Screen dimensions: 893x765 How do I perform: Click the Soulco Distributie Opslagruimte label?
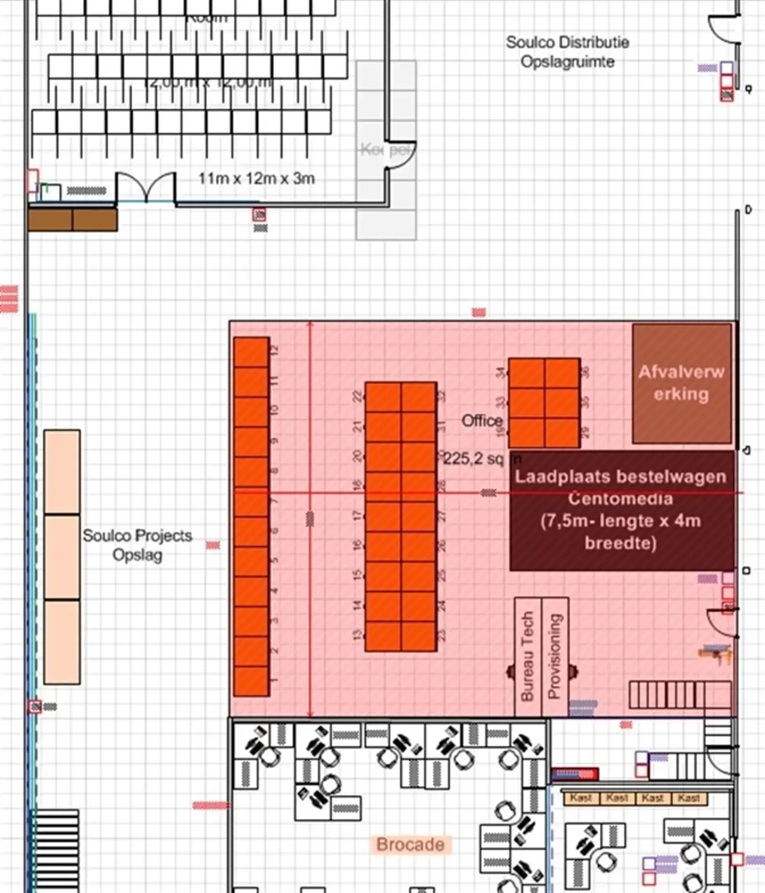tap(567, 52)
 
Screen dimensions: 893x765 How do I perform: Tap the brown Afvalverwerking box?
tap(681, 383)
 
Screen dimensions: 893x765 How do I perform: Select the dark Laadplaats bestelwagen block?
tap(621, 510)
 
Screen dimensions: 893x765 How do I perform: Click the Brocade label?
tap(410, 844)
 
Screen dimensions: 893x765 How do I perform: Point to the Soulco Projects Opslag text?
tap(137, 545)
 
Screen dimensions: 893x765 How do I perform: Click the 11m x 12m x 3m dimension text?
tap(256, 179)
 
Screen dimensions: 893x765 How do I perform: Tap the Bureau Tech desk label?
tap(527, 657)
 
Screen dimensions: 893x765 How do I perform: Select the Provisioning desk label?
tap(554, 657)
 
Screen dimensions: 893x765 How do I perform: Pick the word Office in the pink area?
tap(482, 421)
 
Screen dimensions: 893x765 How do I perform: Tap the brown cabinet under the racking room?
tap(72, 220)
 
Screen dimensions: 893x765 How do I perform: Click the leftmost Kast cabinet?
tap(581, 798)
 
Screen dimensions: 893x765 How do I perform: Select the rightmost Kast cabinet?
tap(688, 798)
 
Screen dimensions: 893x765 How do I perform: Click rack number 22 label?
tap(357, 396)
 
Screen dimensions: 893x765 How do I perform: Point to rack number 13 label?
tap(357, 635)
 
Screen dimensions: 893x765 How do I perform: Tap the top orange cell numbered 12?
tap(251, 352)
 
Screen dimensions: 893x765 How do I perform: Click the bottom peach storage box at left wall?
tap(62, 641)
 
